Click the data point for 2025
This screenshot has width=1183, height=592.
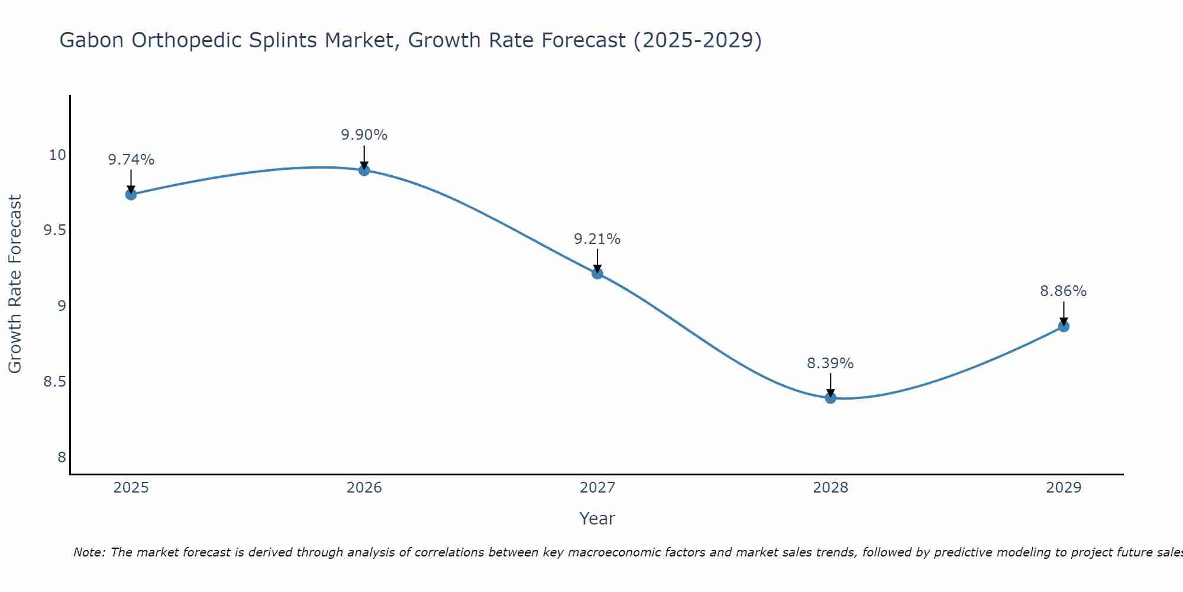131,194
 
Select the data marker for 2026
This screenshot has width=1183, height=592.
364,170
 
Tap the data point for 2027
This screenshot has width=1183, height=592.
597,273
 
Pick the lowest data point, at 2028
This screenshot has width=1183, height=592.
830,398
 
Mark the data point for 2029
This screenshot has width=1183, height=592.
1064,326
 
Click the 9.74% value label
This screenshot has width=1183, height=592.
131,160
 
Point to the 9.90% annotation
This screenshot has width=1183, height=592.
364,135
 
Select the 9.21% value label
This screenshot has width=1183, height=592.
597,239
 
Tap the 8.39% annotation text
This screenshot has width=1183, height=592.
830,363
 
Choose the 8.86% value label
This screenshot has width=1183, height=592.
1064,291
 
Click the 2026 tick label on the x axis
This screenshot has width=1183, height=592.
364,488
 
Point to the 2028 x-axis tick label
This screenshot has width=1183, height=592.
830,488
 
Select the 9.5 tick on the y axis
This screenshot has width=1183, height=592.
54,230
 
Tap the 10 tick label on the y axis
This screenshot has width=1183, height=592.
57,155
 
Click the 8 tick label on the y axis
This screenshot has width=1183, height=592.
62,457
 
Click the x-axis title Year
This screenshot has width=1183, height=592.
597,519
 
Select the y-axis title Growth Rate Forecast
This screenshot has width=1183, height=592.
15,284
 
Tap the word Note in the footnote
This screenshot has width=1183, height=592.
89,552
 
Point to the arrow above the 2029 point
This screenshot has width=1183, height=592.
1064,313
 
